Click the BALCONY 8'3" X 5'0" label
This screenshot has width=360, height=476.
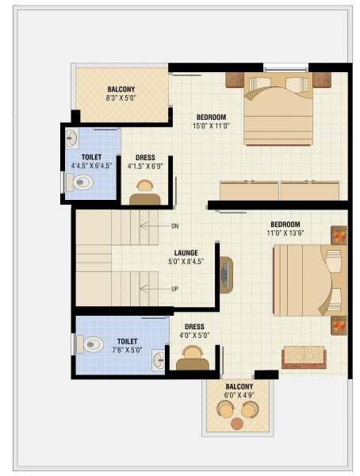[x=122, y=94]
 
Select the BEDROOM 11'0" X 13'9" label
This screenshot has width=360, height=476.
[x=285, y=228]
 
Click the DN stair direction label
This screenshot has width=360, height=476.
[x=174, y=226]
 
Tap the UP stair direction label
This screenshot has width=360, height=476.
[x=174, y=289]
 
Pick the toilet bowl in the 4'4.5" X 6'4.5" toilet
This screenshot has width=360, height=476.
[x=81, y=183]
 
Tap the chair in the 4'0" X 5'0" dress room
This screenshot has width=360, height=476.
[x=193, y=363]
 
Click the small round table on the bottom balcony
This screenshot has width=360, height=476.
[x=237, y=424]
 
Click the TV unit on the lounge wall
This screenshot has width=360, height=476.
[x=226, y=274]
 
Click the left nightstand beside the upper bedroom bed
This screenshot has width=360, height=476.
[x=235, y=79]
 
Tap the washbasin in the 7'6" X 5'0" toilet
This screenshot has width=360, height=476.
[x=159, y=358]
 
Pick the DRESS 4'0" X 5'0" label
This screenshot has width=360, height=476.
[x=194, y=331]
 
